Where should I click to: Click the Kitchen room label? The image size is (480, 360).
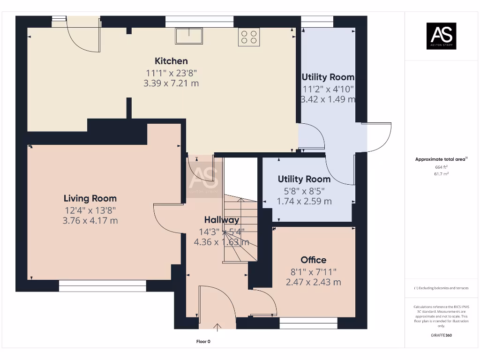pos(171,61)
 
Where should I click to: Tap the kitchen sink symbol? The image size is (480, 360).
pos(189,36)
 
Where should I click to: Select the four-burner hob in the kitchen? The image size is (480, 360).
pos(249,37)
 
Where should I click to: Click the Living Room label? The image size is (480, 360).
pos(90,198)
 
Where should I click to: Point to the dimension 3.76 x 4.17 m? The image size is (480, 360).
pos(90,220)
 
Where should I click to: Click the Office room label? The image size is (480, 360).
pos(313,260)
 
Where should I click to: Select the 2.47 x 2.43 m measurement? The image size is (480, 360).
pos(313,282)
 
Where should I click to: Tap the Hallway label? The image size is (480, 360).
pos(221,220)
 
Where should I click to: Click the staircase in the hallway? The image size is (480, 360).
pos(240,230)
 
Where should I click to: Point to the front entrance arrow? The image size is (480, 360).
pos(217,327)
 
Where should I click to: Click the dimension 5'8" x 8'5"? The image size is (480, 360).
pos(304,191)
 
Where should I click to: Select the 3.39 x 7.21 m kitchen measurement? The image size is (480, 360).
pos(171,83)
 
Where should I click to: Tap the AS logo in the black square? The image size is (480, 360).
pos(441,36)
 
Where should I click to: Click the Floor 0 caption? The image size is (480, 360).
pos(203,342)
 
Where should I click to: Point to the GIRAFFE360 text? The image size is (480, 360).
pos(441,335)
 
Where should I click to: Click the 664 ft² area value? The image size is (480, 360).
pos(441,167)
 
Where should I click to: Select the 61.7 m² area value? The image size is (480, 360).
pos(441,173)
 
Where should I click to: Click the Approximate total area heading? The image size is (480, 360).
pos(441,159)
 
